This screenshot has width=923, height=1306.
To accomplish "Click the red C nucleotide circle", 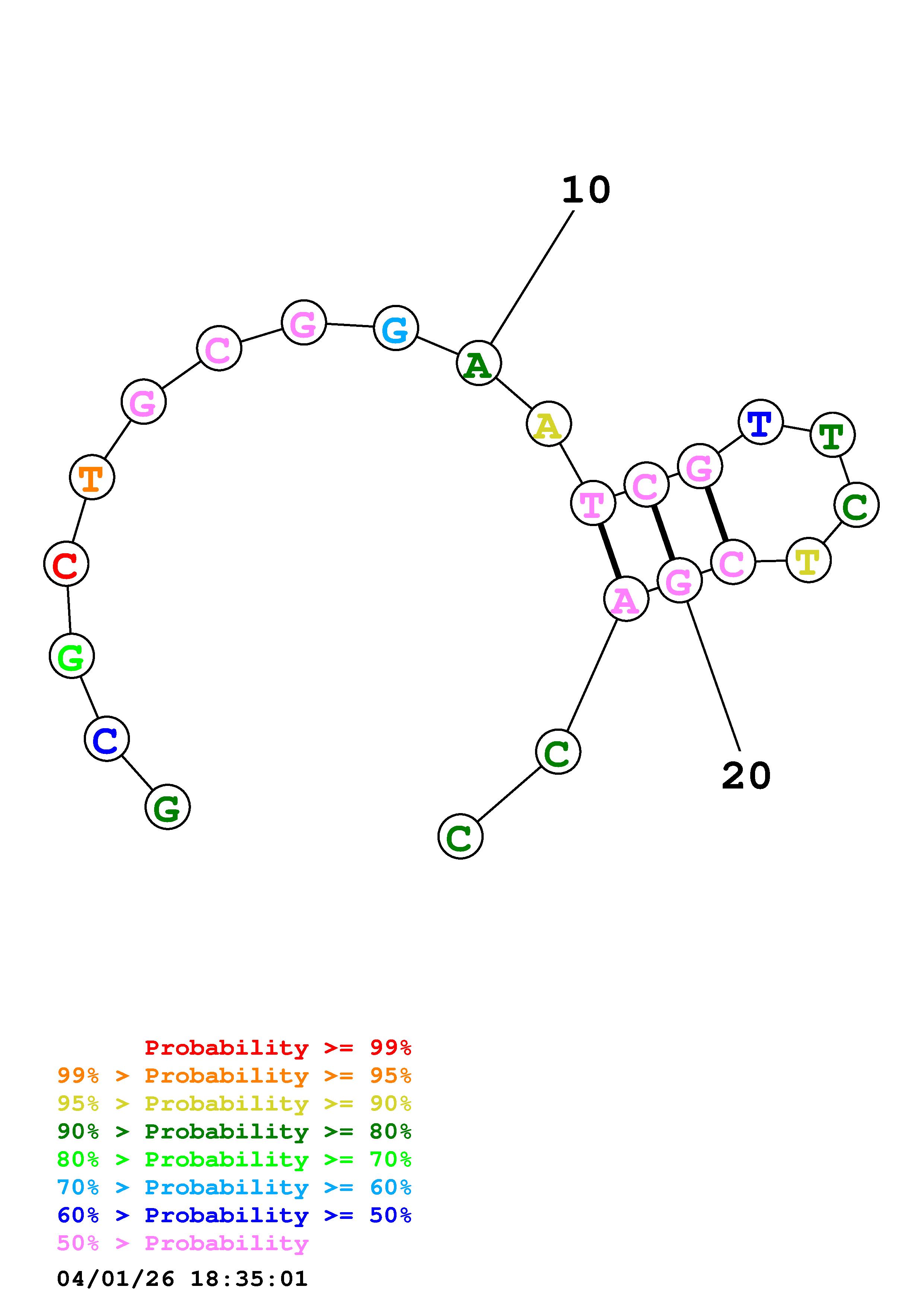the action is pos(67,563).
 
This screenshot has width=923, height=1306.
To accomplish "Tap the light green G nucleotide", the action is pos(71,656).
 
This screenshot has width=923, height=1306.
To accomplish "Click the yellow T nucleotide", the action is pos(808,560).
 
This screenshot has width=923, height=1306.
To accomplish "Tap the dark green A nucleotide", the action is pos(479,363).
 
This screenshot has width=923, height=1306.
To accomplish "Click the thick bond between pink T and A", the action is pos(610,551).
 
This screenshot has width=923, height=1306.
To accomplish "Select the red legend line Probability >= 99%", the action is pos(277,1048).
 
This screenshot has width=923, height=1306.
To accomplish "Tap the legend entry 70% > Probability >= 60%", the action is pos(234,1188).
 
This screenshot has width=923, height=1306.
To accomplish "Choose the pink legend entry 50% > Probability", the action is pos(183,1243).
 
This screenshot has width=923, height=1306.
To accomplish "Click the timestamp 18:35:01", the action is pos(248,1279).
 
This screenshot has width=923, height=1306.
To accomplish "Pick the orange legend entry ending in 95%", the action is pos(234,1076).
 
